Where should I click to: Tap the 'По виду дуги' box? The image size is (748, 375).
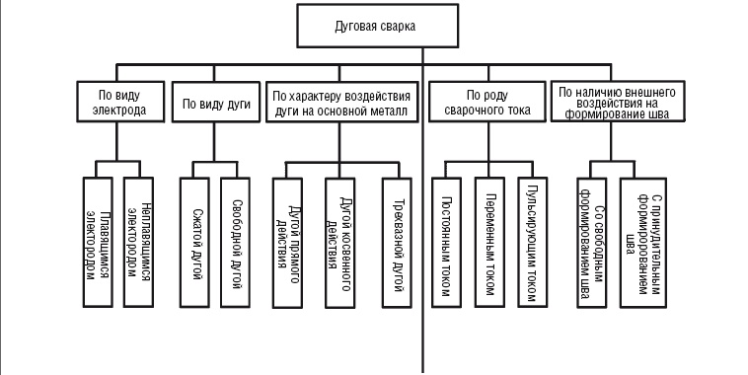[x=213, y=103]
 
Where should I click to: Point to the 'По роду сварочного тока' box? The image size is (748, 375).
[x=486, y=103]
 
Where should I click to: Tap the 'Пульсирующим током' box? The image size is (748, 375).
[x=533, y=237]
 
